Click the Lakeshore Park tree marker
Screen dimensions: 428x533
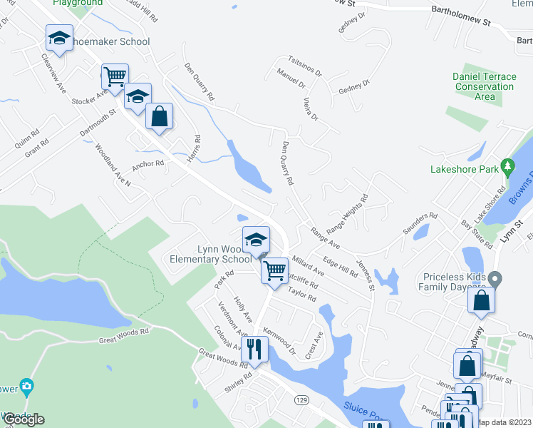point(507,168)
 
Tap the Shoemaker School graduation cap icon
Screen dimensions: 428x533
point(60,39)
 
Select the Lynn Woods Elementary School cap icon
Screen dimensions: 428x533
point(256,240)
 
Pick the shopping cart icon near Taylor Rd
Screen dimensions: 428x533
point(274,270)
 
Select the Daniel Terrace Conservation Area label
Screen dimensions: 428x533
point(484,86)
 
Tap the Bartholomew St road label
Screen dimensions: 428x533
point(461,16)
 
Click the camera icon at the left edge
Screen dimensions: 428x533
point(27,387)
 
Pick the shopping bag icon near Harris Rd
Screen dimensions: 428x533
point(159,116)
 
